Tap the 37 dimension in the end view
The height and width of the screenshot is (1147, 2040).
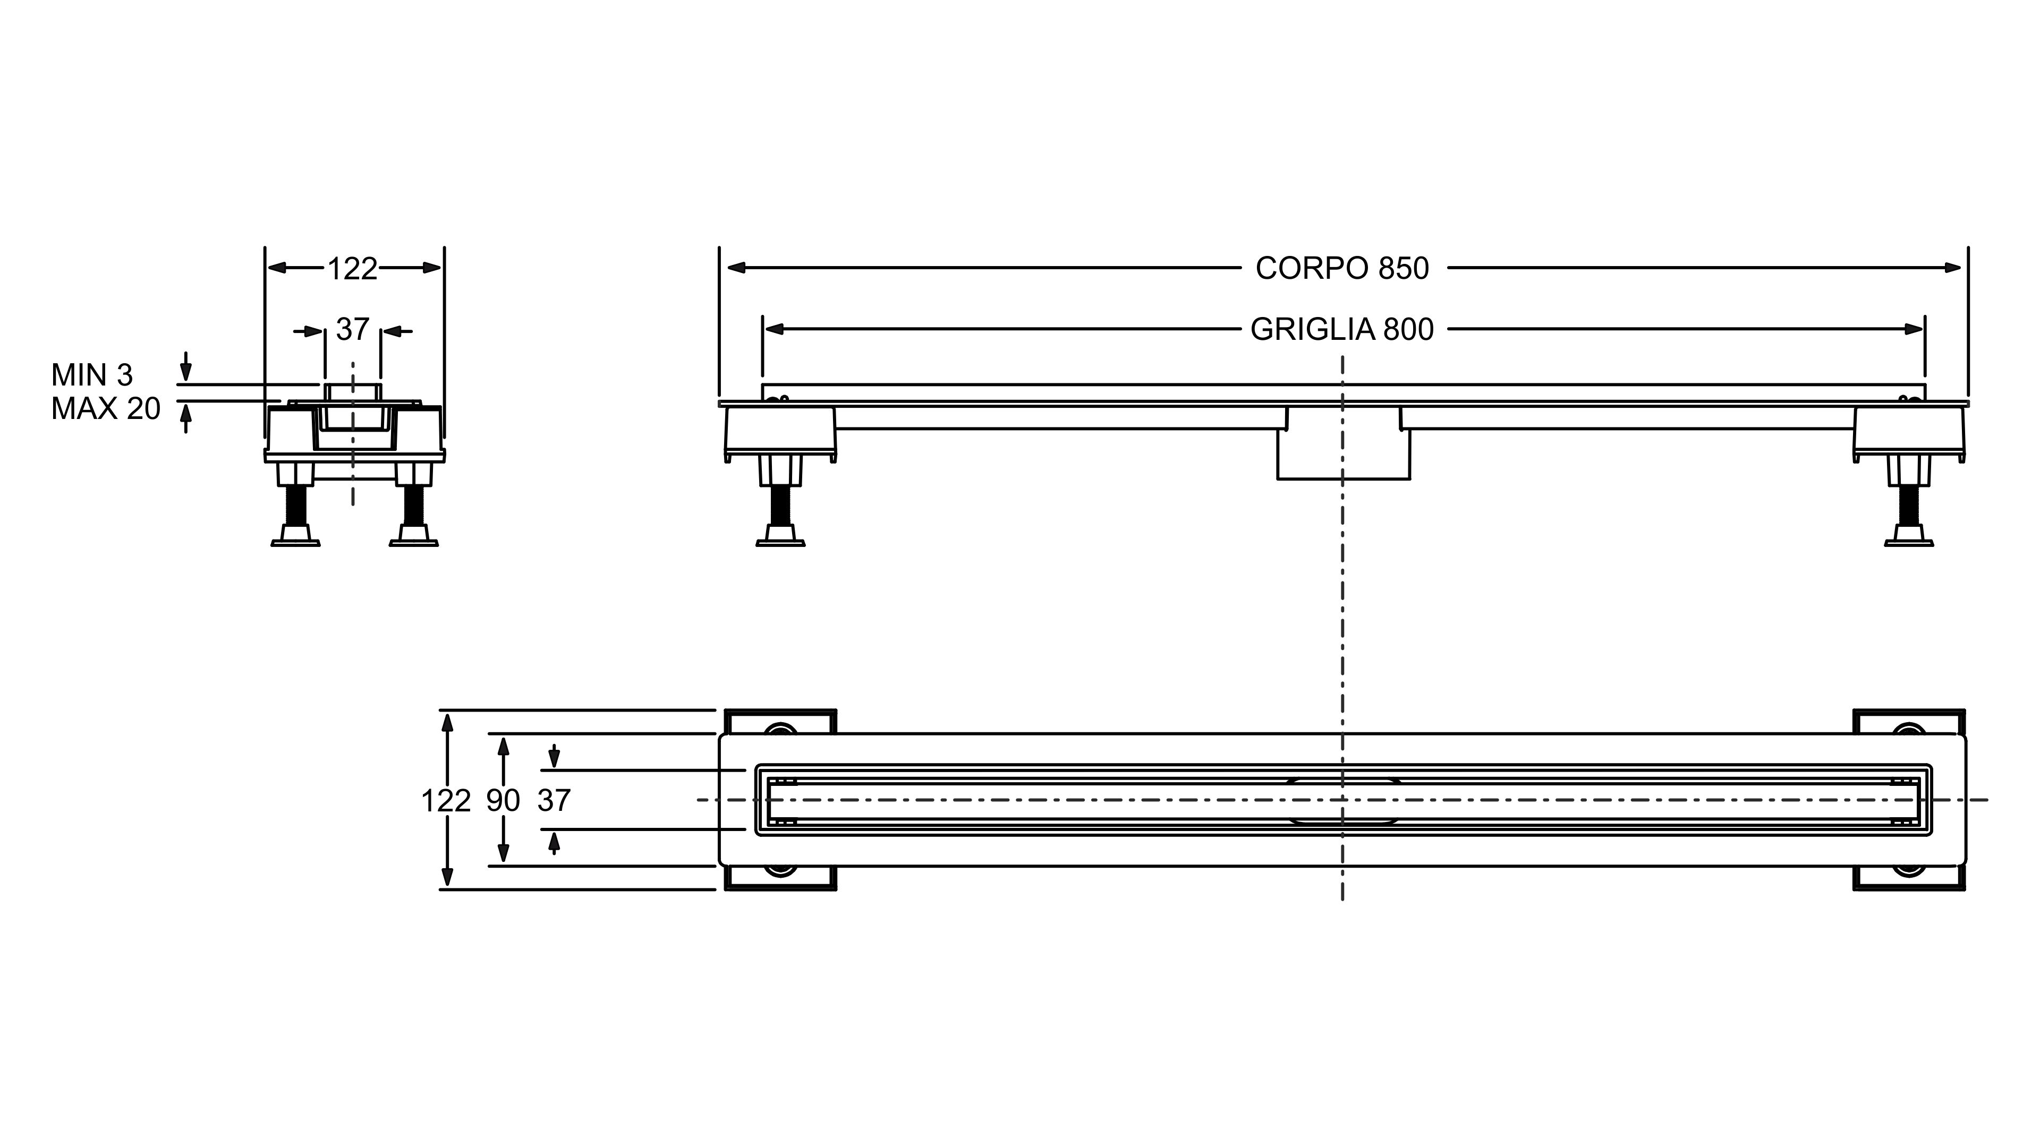point(352,329)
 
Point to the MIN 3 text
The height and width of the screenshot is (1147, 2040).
point(92,374)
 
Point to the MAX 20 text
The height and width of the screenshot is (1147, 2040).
point(105,408)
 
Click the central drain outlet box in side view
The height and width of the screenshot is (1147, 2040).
point(1343,455)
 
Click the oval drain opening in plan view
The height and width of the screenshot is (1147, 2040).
point(1343,801)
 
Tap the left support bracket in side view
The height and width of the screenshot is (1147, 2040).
point(780,431)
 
